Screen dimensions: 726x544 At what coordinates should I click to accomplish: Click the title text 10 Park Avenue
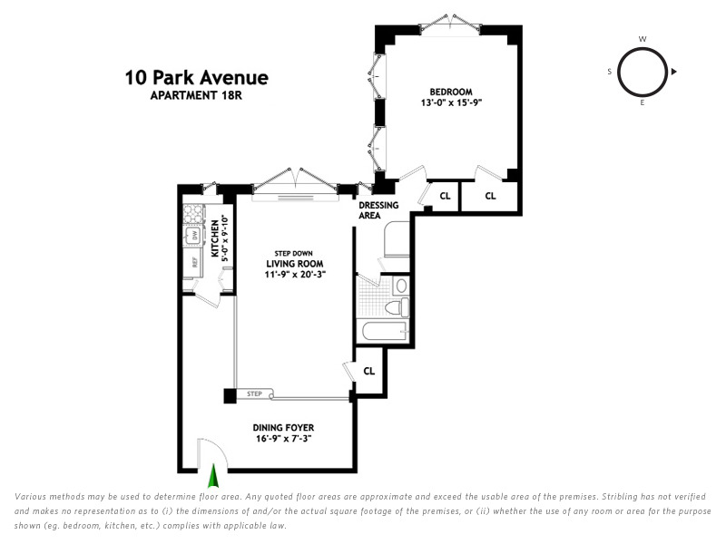tap(196, 78)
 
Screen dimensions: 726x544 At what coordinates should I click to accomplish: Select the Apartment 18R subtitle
tap(196, 95)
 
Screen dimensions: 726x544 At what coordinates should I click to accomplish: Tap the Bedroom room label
tap(451, 92)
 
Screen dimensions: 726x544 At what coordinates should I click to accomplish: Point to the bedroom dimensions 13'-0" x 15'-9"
tap(451, 102)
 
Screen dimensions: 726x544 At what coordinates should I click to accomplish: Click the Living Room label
tap(294, 264)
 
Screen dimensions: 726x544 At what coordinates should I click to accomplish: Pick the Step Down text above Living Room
tap(293, 254)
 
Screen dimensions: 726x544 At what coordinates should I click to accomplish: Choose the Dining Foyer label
tap(283, 427)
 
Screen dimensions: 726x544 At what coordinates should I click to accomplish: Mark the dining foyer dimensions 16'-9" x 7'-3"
tap(283, 438)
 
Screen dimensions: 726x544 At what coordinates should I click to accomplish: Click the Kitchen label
tap(215, 238)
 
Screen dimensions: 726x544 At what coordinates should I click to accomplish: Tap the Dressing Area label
tap(378, 210)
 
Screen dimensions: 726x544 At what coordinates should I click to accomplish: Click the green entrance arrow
tap(213, 476)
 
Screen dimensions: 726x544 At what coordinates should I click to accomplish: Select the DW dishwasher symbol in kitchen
tap(194, 236)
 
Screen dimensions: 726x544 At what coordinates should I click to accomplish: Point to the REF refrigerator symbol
tap(194, 262)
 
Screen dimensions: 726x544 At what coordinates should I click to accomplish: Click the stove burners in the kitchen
tap(193, 214)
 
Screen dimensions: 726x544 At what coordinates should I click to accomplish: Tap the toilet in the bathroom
tap(397, 307)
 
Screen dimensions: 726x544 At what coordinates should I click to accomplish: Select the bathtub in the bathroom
tap(384, 331)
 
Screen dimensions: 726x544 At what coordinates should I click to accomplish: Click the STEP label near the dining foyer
tap(254, 394)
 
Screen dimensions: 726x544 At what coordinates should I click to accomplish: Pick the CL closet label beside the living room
tap(369, 371)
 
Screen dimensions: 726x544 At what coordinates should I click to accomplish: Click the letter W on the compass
tap(643, 39)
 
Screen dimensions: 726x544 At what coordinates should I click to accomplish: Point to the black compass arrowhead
tap(674, 72)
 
